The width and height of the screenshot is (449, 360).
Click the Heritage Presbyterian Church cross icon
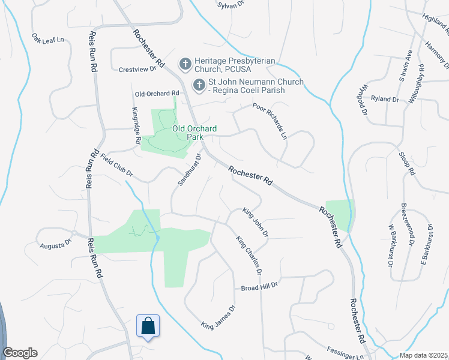tap(185, 63)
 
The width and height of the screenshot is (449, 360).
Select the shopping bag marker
tap(148, 326)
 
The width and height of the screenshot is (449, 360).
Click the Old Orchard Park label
tap(194, 133)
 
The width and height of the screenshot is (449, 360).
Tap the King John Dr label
tap(255, 221)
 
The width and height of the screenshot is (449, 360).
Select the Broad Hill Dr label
tap(261, 287)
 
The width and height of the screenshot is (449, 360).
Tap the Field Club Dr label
tap(116, 167)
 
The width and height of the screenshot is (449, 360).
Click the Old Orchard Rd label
tap(157, 94)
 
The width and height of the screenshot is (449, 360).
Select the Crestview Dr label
tap(137, 69)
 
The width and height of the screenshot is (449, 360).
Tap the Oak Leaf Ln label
tap(48, 39)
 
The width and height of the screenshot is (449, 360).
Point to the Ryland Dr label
tap(385, 98)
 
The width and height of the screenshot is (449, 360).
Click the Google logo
tap(20, 353)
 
